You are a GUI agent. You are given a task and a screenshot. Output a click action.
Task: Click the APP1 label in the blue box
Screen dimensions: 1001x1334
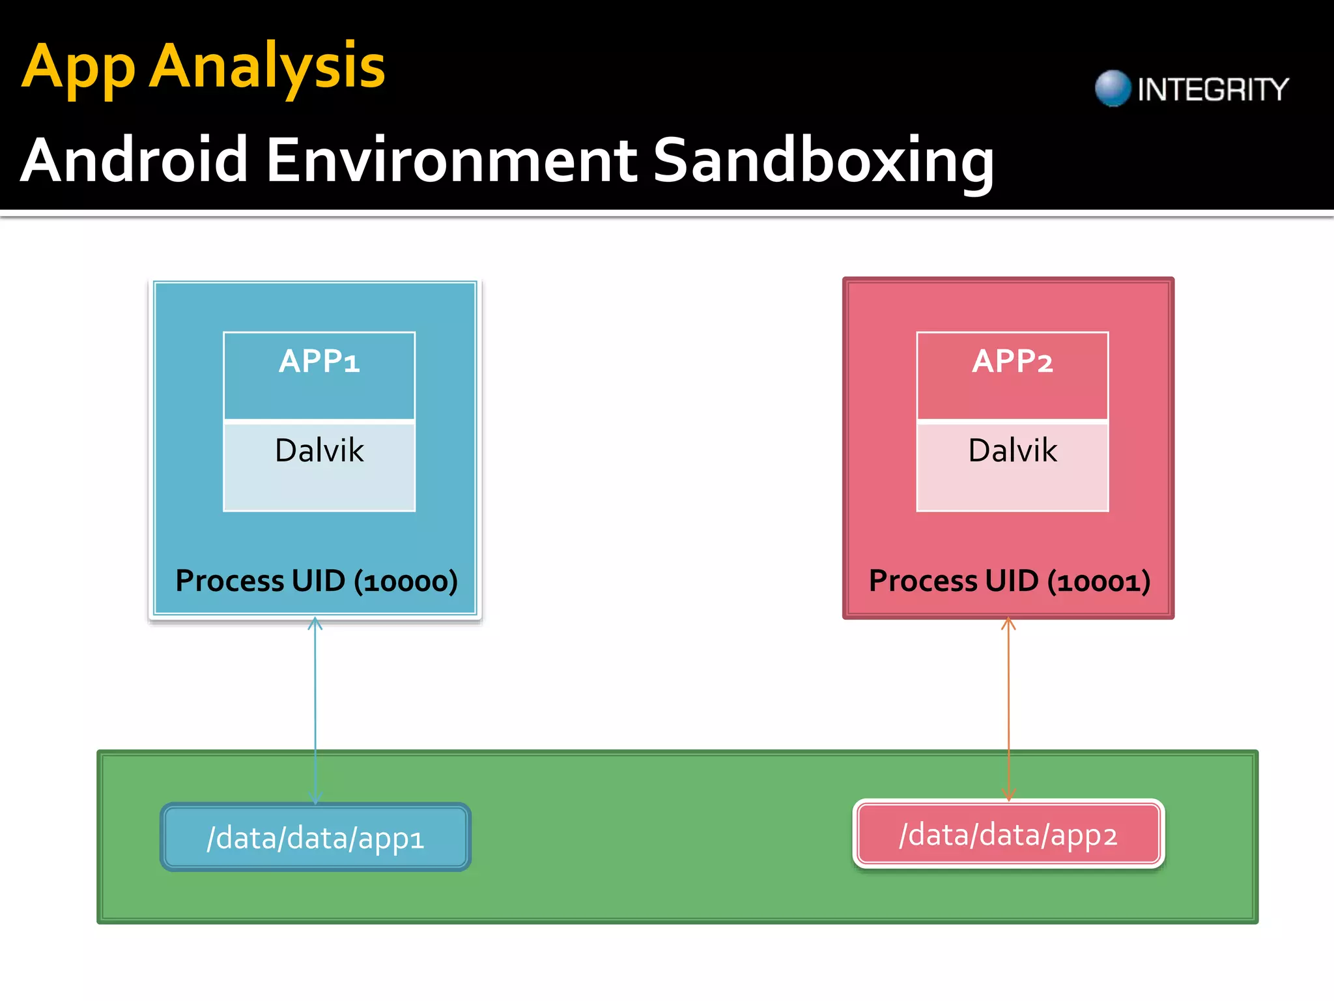tap(319, 361)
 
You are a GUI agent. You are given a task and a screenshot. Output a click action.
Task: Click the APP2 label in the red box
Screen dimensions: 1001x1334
tap(1012, 361)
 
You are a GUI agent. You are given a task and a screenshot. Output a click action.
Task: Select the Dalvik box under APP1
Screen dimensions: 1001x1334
tap(319, 467)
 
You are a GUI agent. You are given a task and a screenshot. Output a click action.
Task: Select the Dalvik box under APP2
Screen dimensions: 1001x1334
tap(1012, 467)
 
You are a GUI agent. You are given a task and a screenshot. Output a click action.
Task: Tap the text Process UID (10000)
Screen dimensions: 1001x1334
tap(317, 581)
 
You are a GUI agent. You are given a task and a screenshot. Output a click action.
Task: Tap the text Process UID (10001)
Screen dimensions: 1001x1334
tap(1010, 581)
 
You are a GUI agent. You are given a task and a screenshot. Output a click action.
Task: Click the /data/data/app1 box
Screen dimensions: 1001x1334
tap(315, 837)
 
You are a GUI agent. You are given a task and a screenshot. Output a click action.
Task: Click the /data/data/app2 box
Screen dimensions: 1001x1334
tap(1008, 835)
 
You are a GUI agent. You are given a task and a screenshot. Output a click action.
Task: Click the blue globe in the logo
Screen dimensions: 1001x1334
tap(1113, 88)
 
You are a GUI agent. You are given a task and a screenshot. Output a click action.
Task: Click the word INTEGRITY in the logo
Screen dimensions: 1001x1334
tap(1213, 89)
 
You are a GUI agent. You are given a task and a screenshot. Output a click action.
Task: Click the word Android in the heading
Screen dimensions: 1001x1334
tap(134, 160)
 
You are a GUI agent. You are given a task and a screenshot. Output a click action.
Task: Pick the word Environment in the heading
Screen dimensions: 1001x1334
tap(451, 160)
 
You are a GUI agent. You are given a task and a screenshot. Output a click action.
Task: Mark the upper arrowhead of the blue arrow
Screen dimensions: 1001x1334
tap(315, 623)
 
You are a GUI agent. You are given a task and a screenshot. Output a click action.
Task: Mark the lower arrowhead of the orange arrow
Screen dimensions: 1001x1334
tap(1008, 794)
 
